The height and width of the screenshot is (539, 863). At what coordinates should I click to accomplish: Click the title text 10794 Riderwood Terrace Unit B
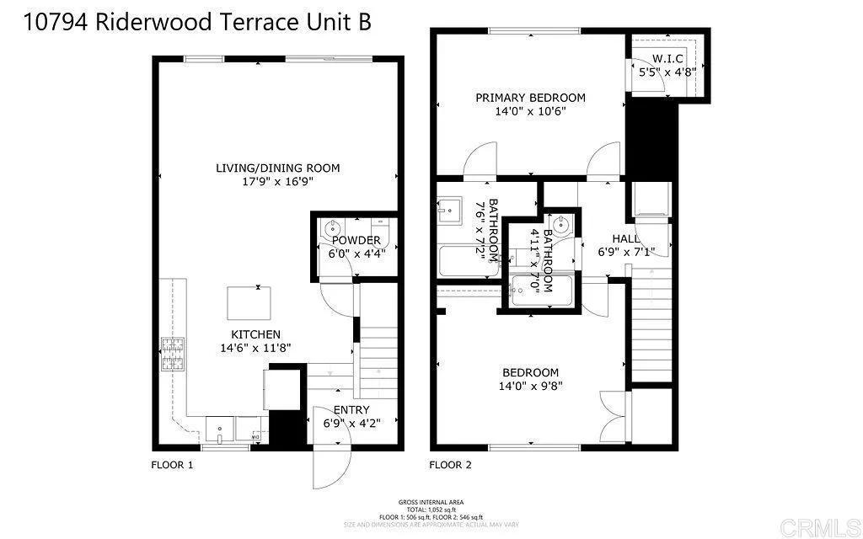[x=199, y=23]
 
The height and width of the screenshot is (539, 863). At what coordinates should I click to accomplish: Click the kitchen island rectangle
[x=249, y=302]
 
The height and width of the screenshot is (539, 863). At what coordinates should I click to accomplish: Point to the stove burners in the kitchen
[x=173, y=353]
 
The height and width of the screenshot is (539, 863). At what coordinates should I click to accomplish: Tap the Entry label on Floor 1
[x=351, y=410]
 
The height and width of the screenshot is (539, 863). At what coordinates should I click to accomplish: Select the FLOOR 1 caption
[x=172, y=465]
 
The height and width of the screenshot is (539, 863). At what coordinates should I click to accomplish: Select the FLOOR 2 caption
[x=450, y=465]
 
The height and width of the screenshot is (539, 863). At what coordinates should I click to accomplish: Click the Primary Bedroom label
[x=530, y=98]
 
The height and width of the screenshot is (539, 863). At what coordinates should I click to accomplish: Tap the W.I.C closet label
[x=667, y=59]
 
